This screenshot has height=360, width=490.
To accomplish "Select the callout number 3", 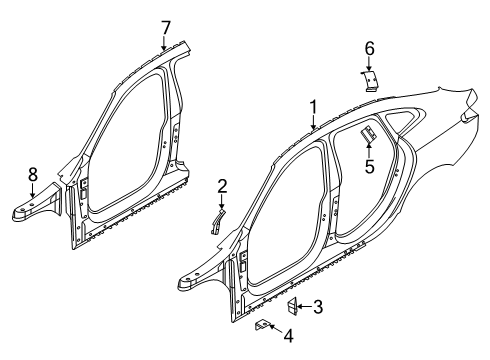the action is (x=318, y=307).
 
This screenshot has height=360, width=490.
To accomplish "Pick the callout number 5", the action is (x=369, y=167).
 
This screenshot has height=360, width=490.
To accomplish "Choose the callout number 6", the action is (x=369, y=47).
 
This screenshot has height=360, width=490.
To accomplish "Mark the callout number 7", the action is (x=166, y=26).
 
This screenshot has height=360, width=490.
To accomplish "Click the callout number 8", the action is (x=33, y=174).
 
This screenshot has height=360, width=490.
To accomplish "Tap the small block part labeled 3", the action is (x=295, y=306).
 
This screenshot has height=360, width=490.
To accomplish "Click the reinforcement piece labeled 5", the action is (x=367, y=133).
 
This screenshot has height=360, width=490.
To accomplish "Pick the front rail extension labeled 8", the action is (x=36, y=209).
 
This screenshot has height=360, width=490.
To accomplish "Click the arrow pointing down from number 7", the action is (x=166, y=42).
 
